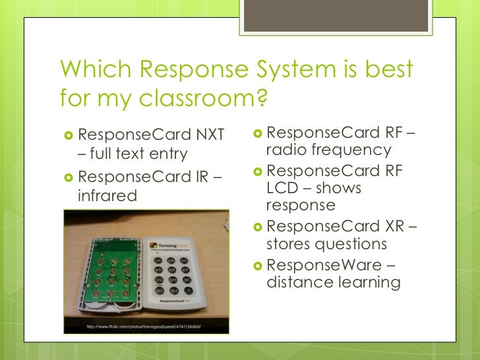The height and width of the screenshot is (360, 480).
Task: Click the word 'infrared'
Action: click(x=107, y=196)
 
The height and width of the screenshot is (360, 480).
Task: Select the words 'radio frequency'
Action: click(x=328, y=150)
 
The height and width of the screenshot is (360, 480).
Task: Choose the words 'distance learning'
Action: click(x=332, y=283)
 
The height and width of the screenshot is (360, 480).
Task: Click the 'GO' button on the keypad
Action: click(x=159, y=290)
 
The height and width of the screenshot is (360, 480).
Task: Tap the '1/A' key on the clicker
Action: click(x=158, y=260)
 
